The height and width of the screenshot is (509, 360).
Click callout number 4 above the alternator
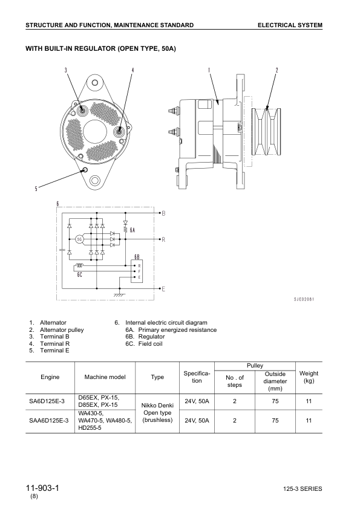(133, 70)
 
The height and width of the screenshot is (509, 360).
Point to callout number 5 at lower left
(36, 189)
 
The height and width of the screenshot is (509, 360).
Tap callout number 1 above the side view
(209, 70)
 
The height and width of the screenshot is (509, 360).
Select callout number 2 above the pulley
(277, 70)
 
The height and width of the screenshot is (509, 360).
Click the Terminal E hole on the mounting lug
(85, 170)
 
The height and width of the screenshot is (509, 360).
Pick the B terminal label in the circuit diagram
(163, 213)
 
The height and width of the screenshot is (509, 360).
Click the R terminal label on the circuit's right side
(163, 239)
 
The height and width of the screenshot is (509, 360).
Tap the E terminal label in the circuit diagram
(163, 290)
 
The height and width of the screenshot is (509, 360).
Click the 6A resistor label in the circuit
(133, 230)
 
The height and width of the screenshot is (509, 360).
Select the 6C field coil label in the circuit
(79, 275)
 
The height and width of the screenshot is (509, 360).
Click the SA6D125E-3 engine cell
(50, 401)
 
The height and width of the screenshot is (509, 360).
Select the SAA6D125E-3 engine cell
(50, 421)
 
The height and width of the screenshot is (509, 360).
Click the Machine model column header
(105, 377)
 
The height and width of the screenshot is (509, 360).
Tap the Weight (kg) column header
(309, 377)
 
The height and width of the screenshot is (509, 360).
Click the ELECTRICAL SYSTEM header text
(289, 25)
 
